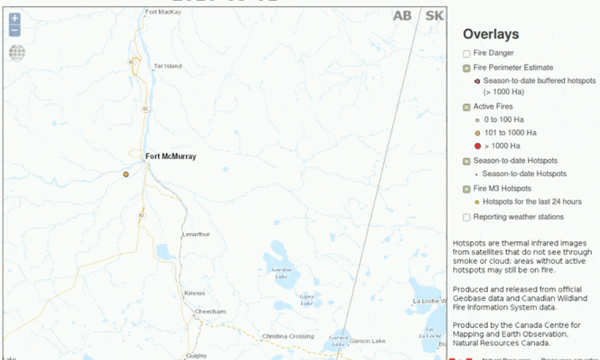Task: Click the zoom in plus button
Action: tap(15, 19)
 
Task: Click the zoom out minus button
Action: tap(15, 30)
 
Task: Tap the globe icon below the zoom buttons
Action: tap(17, 52)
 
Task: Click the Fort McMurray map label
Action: tap(170, 156)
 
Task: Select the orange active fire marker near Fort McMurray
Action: tap(126, 174)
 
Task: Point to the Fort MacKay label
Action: tap(163, 12)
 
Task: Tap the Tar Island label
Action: tap(167, 66)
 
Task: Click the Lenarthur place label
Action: tap(195, 234)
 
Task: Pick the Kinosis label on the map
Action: tap(194, 293)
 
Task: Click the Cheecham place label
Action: tap(210, 311)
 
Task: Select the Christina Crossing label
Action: tap(287, 336)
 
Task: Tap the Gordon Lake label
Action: tap(281, 273)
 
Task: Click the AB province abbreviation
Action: tap(402, 16)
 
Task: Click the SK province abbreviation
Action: tap(434, 16)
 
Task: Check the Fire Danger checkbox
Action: tap(467, 54)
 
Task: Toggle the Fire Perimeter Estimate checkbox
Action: tap(467, 68)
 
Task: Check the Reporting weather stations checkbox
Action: tap(467, 217)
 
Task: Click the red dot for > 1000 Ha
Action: tap(477, 146)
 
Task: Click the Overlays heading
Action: tap(490, 34)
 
